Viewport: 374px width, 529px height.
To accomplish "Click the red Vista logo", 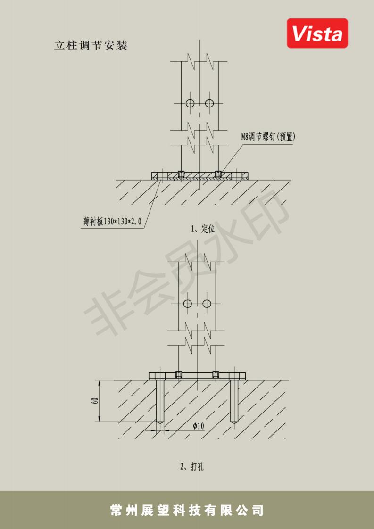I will tap(317, 33).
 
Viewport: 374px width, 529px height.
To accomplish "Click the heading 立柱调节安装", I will tap(91, 46).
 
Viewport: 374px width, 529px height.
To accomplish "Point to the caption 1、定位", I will tap(202, 229).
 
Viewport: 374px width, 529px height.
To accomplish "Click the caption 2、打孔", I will tap(192, 467).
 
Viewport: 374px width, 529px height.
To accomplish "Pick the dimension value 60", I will tap(95, 401).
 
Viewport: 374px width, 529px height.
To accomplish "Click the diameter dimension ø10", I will tap(198, 426).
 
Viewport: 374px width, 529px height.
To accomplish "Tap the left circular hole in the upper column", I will tap(190, 103).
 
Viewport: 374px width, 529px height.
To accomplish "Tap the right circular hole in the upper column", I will tap(209, 103).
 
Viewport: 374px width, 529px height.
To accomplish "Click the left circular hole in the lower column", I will tap(188, 304).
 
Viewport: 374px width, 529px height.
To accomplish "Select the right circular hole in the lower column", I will tap(207, 304).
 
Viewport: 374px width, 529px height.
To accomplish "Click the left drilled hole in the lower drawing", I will tap(160, 401).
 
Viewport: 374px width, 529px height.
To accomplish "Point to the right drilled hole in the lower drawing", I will tap(234, 401).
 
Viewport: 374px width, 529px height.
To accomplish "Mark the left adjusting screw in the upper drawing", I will tap(181, 174).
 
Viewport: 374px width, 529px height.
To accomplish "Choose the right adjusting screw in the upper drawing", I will tap(218, 174).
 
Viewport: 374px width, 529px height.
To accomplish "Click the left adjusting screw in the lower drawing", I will tap(179, 374).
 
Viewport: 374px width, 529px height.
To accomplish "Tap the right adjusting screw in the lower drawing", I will tap(216, 374).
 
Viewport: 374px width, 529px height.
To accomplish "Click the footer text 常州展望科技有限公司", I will tap(187, 511).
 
